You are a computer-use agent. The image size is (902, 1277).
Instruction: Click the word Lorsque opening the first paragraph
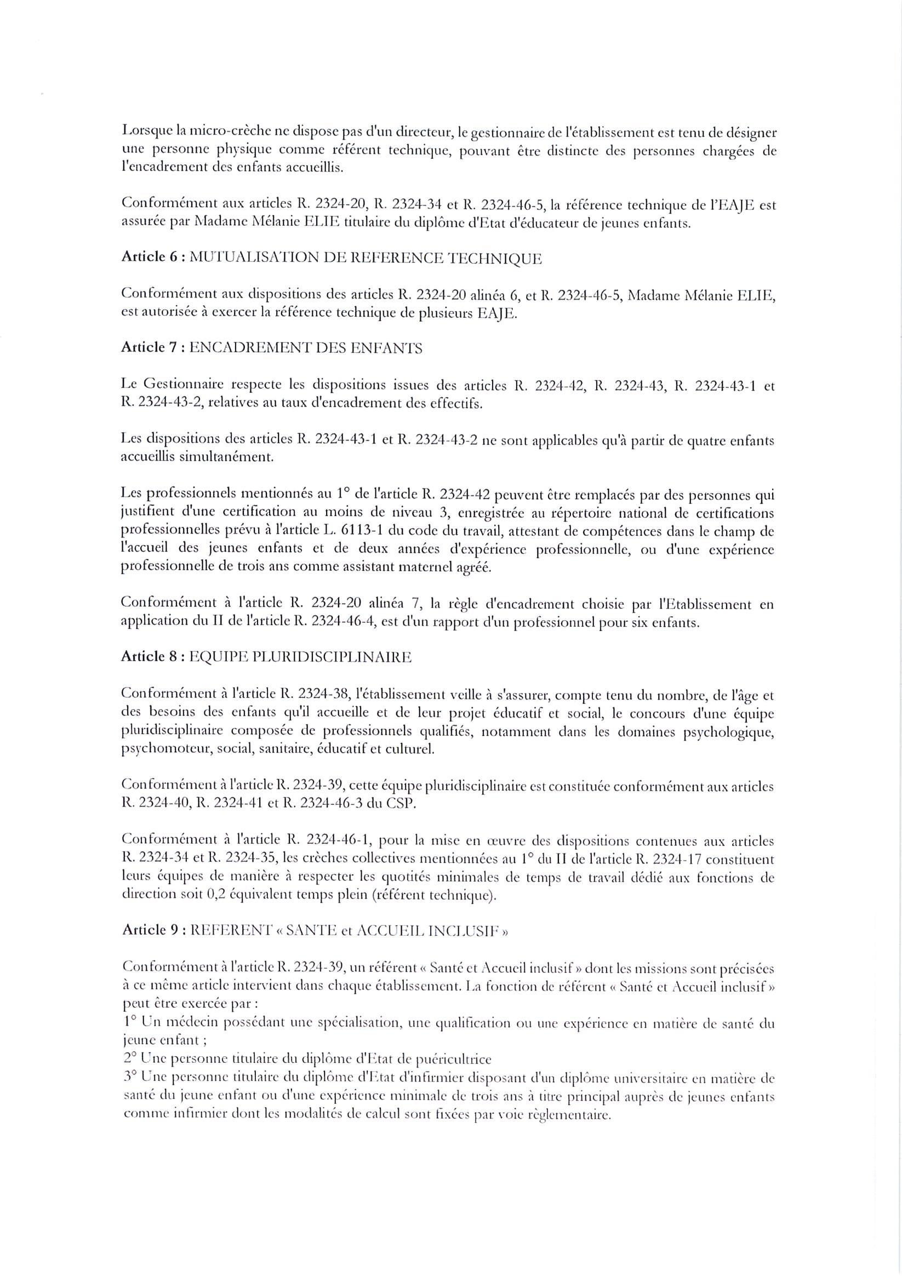142,134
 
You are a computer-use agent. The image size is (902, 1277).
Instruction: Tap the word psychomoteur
167,749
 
